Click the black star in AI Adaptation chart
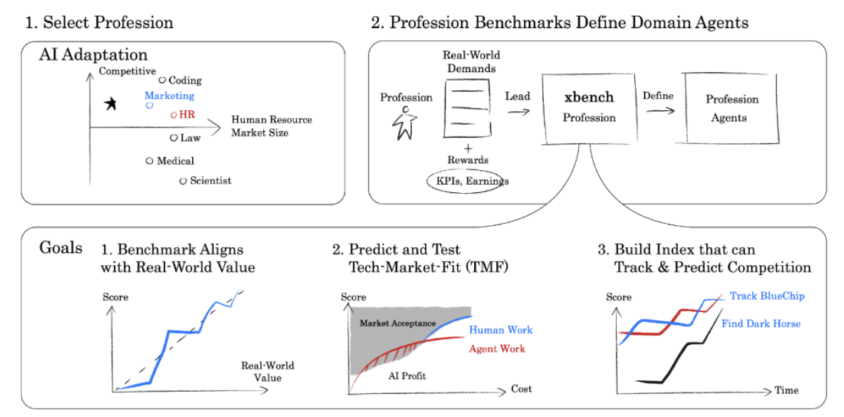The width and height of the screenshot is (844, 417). point(110,104)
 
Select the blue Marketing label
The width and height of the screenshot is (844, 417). point(169,95)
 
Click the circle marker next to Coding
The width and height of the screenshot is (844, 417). point(162,81)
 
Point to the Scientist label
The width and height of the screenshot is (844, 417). point(210,181)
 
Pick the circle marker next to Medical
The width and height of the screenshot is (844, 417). point(149,161)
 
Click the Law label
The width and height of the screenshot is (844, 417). point(190,138)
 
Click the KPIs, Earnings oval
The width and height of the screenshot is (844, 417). point(468,181)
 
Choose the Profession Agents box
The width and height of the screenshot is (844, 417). point(732,109)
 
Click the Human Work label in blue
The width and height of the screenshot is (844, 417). point(501,330)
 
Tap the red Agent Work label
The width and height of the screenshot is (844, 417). point(497,348)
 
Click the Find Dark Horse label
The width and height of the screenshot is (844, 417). point(760,323)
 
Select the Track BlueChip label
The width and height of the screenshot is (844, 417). point(766,295)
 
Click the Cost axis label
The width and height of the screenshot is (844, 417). point(521,389)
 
